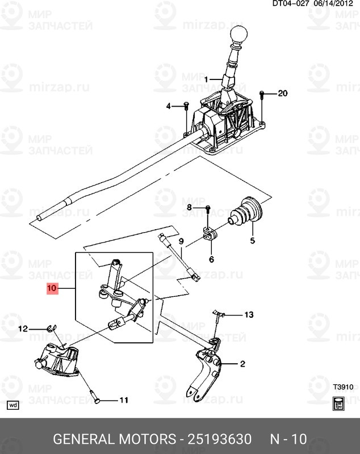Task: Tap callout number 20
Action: (283, 93)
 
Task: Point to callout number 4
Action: (169, 106)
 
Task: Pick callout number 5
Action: (253, 240)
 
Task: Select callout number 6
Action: (211, 259)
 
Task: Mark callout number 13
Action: (250, 314)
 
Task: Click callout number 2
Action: (242, 364)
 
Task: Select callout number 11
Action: (123, 400)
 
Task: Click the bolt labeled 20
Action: (262, 94)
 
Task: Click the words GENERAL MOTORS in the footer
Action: (114, 439)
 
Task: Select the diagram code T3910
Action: (343, 388)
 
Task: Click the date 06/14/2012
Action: (335, 4)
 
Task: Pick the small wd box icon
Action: (13, 405)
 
